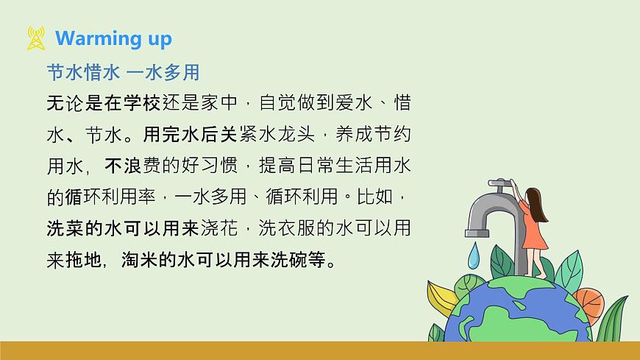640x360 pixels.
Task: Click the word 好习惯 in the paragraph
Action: (x=214, y=166)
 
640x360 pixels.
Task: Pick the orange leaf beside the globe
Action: (x=589, y=301)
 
